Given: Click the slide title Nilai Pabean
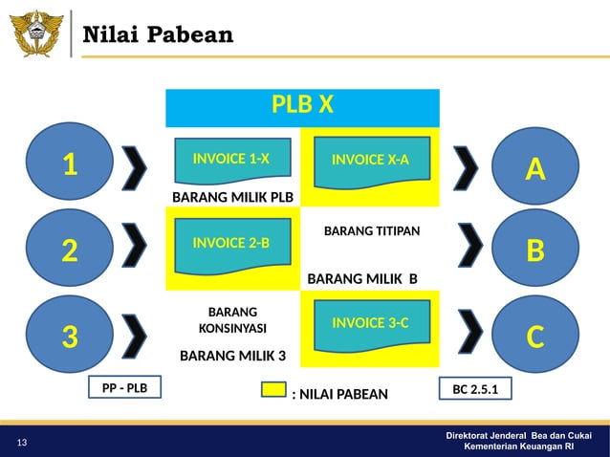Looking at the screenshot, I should point(158,36).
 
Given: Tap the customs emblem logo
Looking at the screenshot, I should point(36,33).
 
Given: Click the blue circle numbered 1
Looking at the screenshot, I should point(69,165).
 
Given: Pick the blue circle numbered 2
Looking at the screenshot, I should point(69,250).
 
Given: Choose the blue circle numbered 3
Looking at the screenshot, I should point(69,337).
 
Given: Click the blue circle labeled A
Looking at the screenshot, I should point(534,169).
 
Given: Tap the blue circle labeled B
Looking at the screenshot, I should point(534,250).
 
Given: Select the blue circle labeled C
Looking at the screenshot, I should point(534,337).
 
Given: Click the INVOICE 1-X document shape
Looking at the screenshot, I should point(230,162).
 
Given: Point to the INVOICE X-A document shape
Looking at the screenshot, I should point(370,162).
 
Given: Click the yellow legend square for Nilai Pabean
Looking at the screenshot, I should point(273,391).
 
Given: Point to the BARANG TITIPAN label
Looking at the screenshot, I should point(372,231).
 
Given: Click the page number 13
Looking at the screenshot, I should point(21,442).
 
